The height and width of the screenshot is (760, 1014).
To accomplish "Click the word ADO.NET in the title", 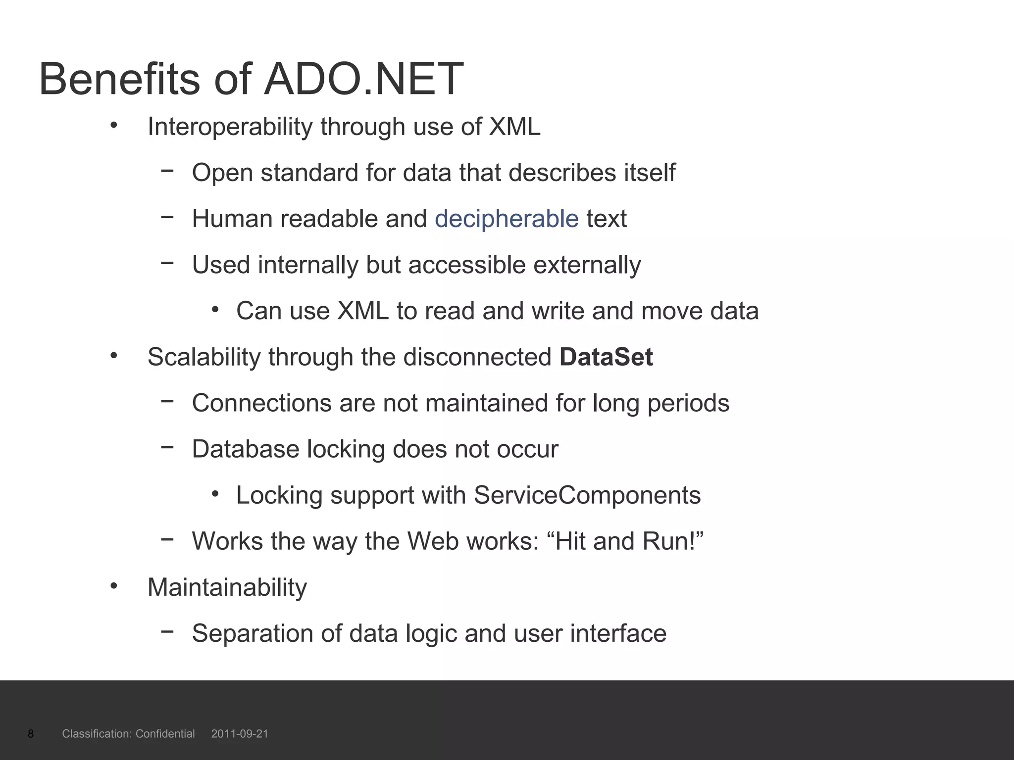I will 363,79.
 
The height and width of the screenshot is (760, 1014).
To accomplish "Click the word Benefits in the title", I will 119,79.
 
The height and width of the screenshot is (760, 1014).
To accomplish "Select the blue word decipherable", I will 507,219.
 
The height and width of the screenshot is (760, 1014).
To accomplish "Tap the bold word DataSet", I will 606,357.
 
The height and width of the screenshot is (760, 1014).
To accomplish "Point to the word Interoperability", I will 230,127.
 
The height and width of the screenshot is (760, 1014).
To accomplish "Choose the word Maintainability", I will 227,587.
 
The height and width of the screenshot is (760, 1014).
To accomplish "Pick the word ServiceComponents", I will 587,495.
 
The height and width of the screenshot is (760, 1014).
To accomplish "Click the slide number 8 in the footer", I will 31,734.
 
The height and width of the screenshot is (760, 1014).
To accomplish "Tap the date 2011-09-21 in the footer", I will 240,734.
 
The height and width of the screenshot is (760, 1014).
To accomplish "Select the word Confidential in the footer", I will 165,734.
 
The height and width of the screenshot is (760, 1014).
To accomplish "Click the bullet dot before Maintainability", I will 114,586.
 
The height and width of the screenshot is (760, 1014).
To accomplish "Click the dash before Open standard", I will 167,171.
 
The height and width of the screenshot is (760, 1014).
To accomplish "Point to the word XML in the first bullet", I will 514,127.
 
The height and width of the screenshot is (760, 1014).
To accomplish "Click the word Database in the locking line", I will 246,449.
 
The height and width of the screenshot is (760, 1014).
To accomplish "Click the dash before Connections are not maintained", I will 167,401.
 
